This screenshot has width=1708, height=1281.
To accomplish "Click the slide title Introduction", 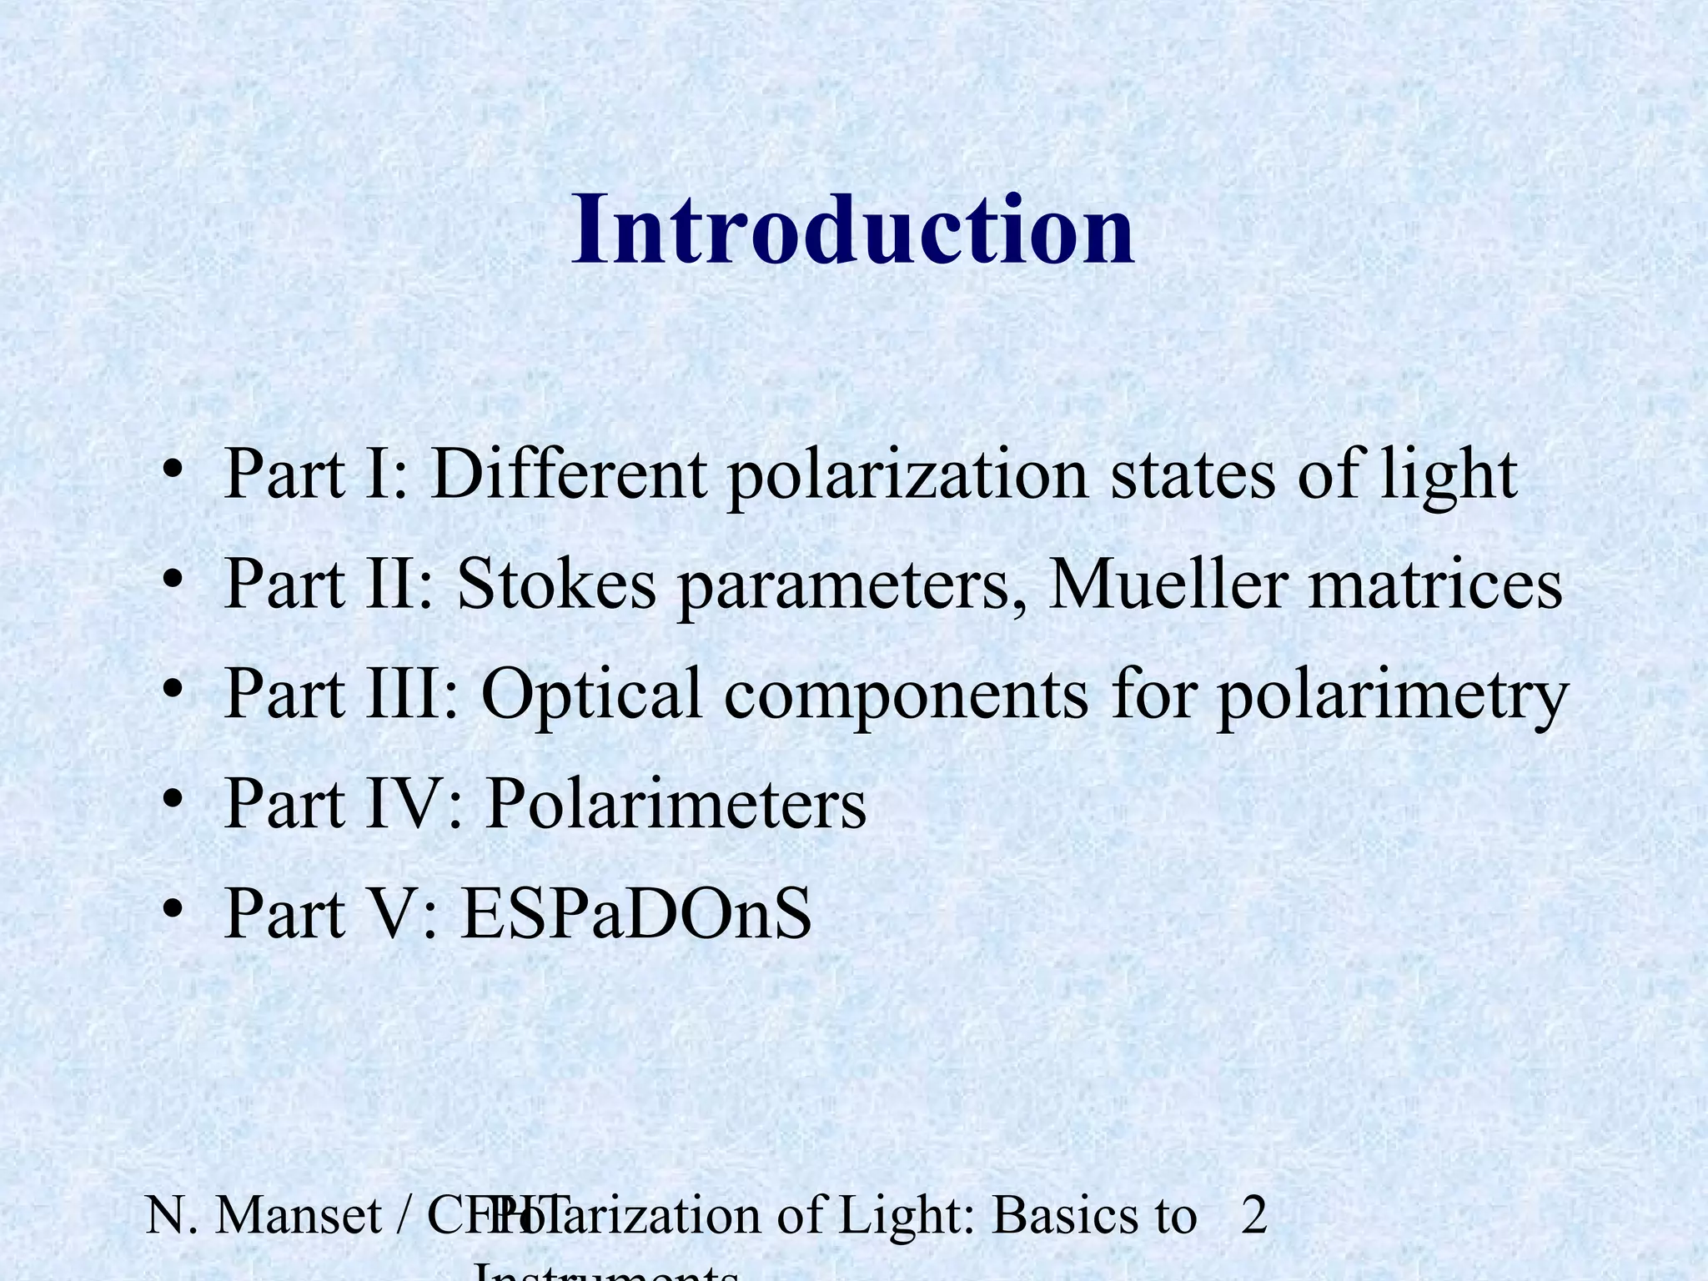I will (852, 229).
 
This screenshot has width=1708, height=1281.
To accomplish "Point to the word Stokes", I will (557, 585).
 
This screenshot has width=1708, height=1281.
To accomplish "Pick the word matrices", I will (1435, 585).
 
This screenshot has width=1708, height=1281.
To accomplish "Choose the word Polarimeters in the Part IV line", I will (676, 805).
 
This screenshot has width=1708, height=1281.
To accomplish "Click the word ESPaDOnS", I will (636, 915).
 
